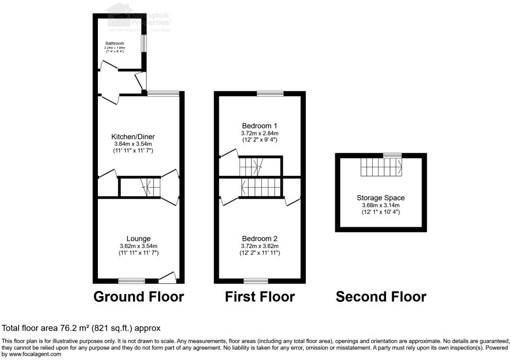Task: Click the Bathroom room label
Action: [113, 43]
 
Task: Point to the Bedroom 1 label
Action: [260, 126]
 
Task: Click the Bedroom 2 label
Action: [260, 239]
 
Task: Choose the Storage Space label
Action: [381, 198]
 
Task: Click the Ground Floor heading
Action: [139, 297]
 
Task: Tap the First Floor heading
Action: [260, 297]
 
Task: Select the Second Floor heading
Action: [381, 297]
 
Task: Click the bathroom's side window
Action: [143, 43]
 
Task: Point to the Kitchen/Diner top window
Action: [162, 94]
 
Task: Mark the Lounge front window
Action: [132, 280]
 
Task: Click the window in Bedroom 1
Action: [270, 94]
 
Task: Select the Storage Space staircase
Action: [382, 168]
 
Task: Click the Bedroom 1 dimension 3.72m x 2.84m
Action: [260, 133]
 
